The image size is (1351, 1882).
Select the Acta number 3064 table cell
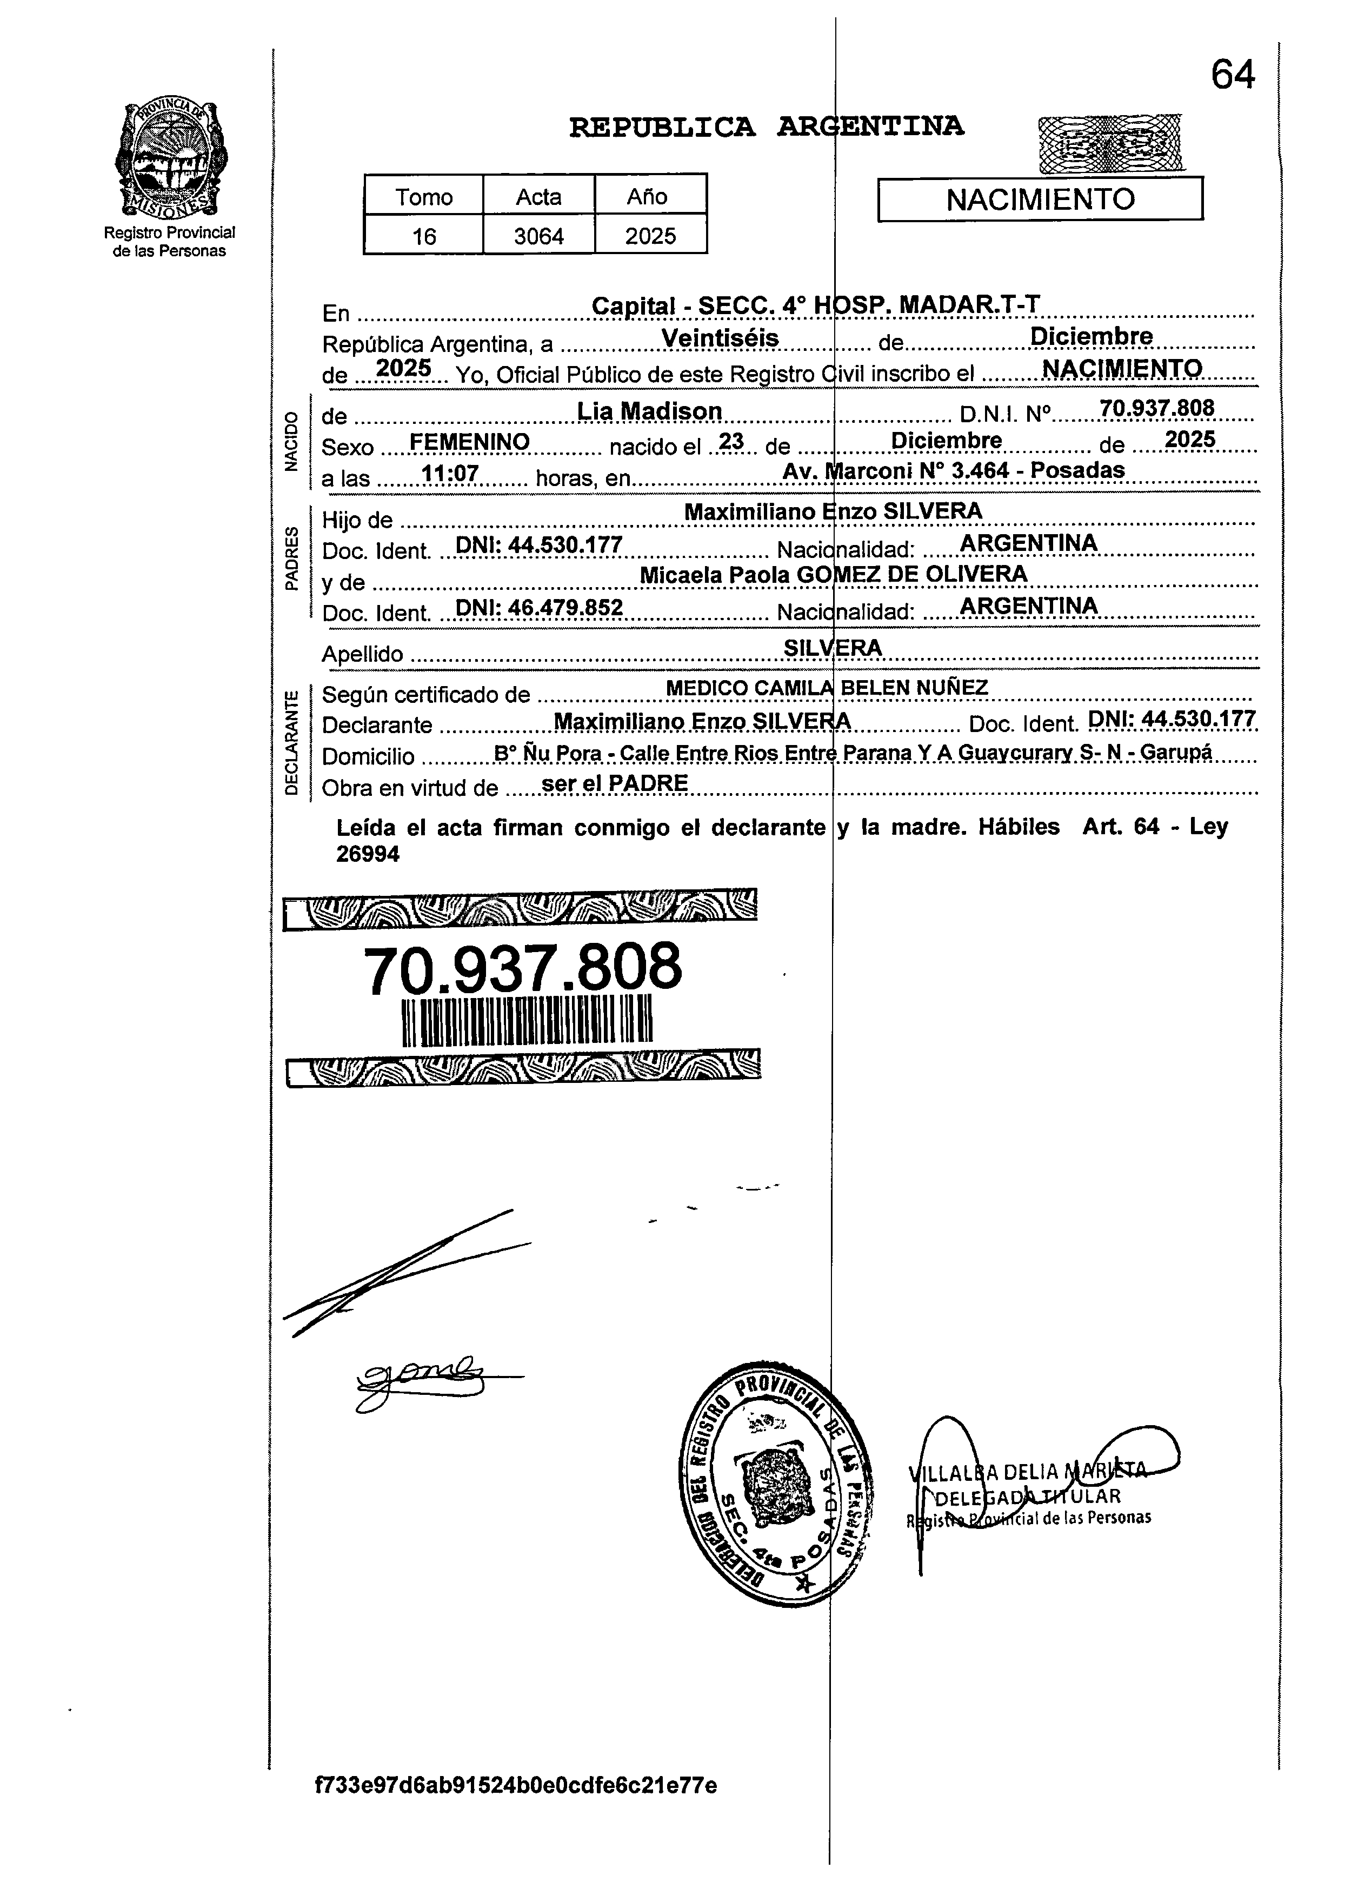(538, 236)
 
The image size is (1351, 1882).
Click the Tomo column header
(423, 197)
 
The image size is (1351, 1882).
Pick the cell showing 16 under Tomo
(423, 236)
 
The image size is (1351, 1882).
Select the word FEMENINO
(470, 442)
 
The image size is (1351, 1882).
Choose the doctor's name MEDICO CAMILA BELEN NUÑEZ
(827, 688)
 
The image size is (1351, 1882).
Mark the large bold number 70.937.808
(523, 968)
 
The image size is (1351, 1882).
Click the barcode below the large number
(527, 1021)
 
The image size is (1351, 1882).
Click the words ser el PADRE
(614, 783)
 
